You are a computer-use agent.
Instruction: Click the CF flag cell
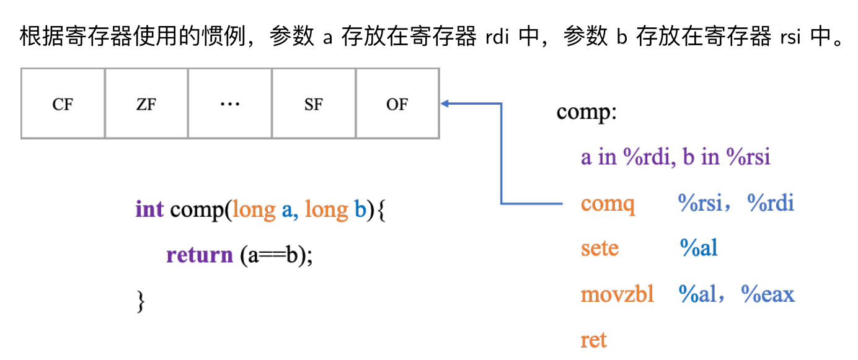(63, 104)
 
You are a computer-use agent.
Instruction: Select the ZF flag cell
(146, 104)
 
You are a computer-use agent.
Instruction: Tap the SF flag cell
(314, 104)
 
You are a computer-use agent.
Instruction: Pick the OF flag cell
(397, 104)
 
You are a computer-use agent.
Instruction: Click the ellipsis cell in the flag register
(230, 104)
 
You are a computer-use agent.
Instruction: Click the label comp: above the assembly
(586, 113)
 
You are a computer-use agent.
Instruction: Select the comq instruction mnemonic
(608, 204)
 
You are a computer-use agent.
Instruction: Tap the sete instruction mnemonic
(599, 248)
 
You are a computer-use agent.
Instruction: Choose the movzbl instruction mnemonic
(617, 294)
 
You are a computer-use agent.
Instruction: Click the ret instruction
(593, 340)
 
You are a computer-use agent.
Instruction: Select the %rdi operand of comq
(771, 203)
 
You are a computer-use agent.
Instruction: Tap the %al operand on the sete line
(698, 248)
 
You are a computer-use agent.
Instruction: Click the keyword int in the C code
(149, 209)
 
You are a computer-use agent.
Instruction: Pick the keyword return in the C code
(199, 255)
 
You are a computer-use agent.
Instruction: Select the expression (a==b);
(276, 255)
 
